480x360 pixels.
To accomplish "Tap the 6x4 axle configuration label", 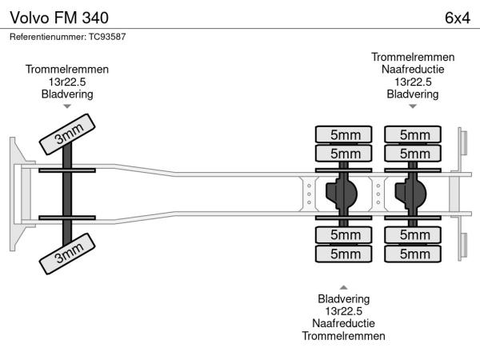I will click(457, 17).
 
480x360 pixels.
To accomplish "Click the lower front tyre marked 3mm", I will click(68, 257).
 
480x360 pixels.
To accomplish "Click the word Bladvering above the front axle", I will click(67, 94).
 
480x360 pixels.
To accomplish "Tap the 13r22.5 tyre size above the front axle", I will click(67, 82).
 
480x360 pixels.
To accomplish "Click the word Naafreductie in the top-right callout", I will click(413, 70).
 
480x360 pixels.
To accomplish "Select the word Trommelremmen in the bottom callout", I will click(343, 336).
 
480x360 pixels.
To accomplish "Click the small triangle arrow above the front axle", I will click(67, 106).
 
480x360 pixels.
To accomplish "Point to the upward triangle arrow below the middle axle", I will click(343, 286).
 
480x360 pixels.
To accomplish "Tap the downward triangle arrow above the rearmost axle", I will click(413, 106).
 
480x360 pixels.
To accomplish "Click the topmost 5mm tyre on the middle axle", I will click(344, 134).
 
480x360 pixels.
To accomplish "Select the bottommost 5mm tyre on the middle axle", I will click(344, 254).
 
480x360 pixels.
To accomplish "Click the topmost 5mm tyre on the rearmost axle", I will click(414, 134).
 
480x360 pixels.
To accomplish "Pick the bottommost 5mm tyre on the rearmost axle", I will click(414, 254).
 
